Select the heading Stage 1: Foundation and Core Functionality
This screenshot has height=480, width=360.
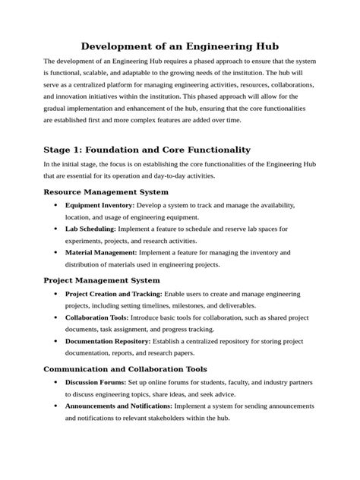pos(147,150)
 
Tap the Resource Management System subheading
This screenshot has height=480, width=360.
pos(116,192)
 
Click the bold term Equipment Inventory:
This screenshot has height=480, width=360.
pos(99,206)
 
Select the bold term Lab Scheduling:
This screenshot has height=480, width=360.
pos(90,229)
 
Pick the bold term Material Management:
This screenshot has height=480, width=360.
pos(101,252)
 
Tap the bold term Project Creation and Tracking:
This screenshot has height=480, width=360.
pos(113,294)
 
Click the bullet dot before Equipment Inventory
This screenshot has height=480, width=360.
pos(55,206)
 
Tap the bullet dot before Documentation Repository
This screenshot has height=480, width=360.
pos(55,341)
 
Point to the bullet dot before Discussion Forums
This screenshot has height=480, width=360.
pos(55,382)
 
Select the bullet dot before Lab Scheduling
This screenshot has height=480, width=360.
pos(55,229)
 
